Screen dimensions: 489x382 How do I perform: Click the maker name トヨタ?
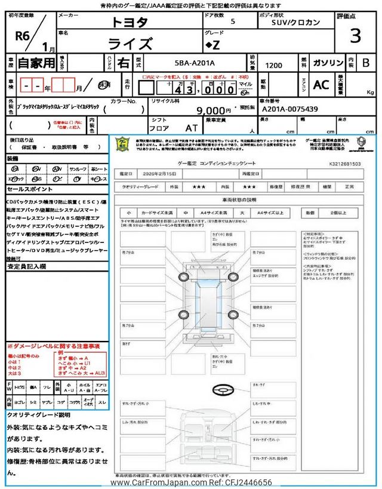pyautogui.click(x=128, y=23)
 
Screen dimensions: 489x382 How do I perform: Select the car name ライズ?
pyautogui.click(x=130, y=44)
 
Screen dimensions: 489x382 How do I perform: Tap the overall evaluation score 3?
pyautogui.click(x=355, y=36)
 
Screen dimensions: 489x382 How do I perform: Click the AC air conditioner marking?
pyautogui.click(x=321, y=85)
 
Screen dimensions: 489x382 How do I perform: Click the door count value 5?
pyautogui.click(x=232, y=21)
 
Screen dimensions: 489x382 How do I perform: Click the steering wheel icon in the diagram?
pyautogui.click(x=221, y=389)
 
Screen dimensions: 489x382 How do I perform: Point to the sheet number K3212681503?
pyautogui.click(x=344, y=163)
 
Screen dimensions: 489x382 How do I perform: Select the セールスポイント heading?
pyautogui.click(x=29, y=189)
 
